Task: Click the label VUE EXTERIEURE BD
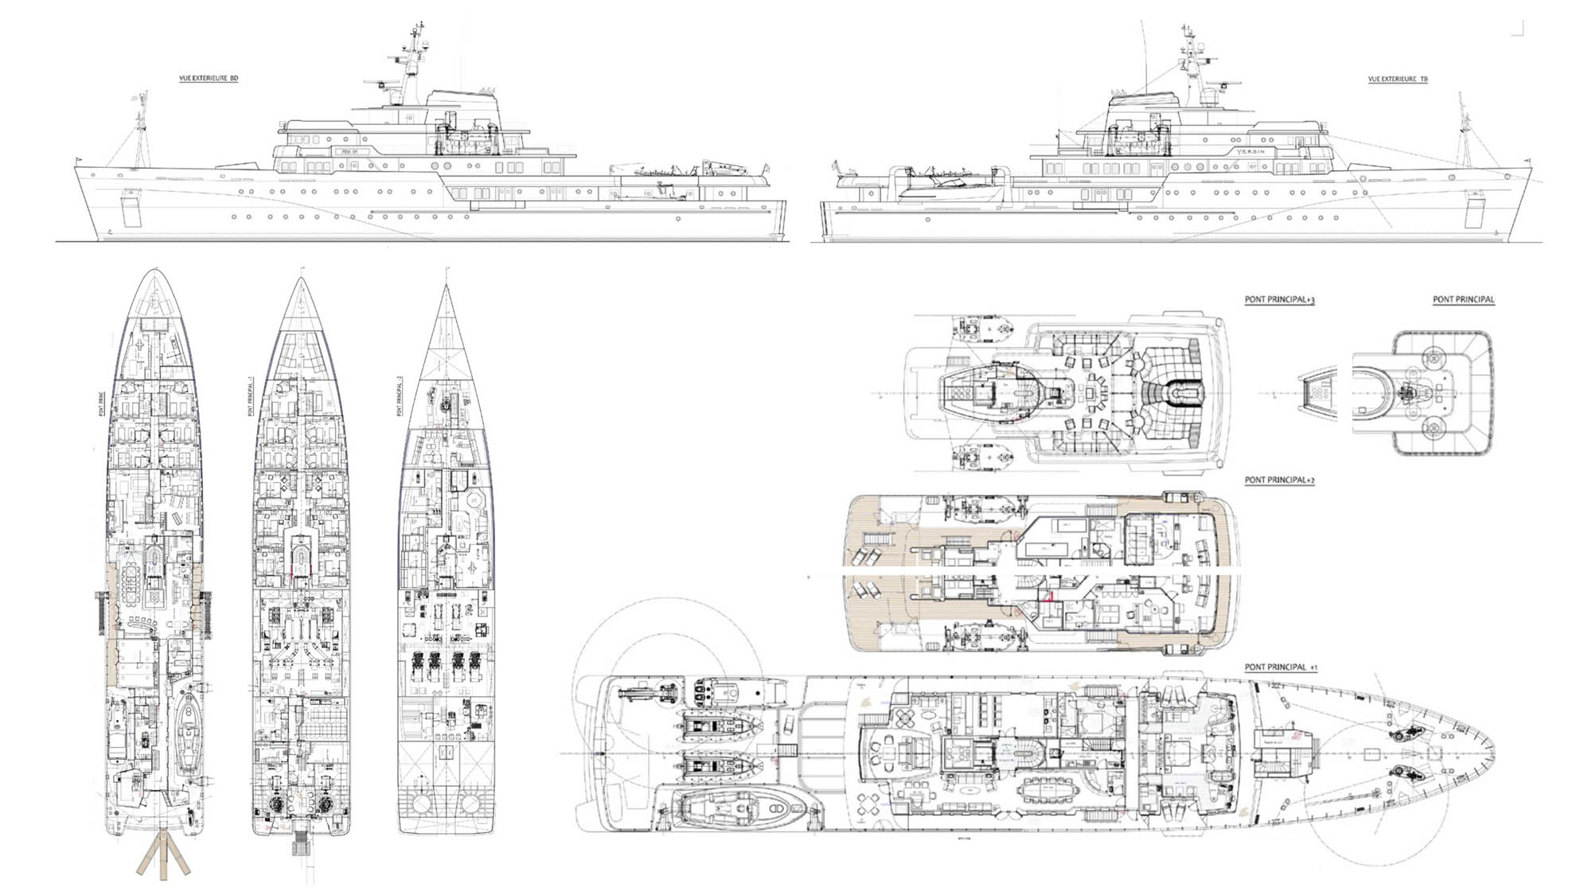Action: click(x=209, y=78)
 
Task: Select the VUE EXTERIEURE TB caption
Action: click(x=1397, y=79)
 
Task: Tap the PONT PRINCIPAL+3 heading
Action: click(x=1279, y=300)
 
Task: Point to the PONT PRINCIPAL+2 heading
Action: click(x=1279, y=480)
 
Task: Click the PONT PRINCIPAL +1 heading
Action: click(x=1281, y=667)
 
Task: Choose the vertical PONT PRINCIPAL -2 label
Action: click(x=400, y=395)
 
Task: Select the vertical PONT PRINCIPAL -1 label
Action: click(x=251, y=395)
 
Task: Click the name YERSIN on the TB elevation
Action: click(x=1250, y=151)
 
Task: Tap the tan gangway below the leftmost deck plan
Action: click(x=163, y=855)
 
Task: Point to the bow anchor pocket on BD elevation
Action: click(x=131, y=208)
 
